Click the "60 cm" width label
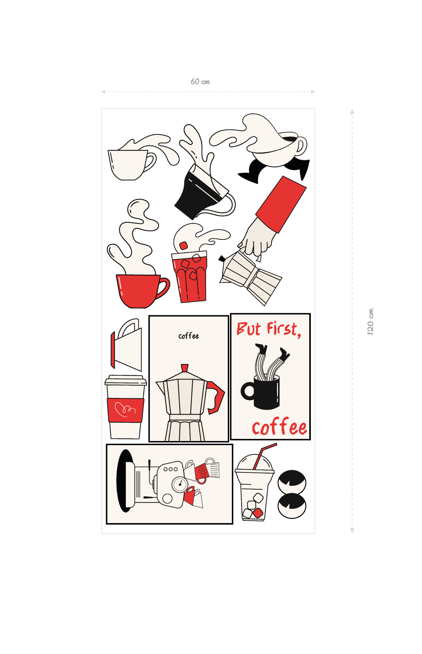click(x=201, y=82)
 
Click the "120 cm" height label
click(x=370, y=322)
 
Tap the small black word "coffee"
click(x=188, y=336)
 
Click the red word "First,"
click(x=284, y=329)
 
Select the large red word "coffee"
click(x=280, y=427)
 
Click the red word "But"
click(x=249, y=329)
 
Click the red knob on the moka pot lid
click(x=184, y=368)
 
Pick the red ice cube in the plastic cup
click(x=258, y=513)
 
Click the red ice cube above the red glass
click(x=183, y=246)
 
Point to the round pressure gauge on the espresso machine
click(x=180, y=484)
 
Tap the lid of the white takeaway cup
click(x=126, y=380)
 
